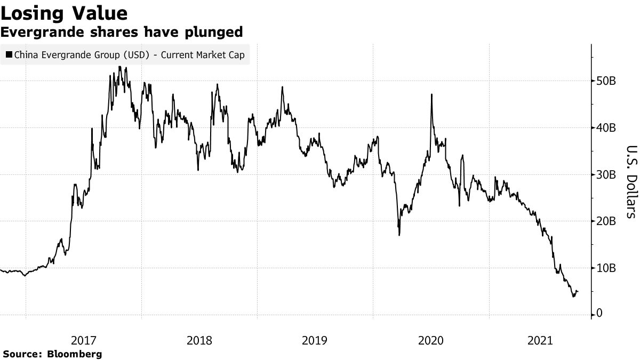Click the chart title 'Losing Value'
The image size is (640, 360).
coord(65,13)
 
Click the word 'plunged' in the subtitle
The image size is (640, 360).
coord(217,32)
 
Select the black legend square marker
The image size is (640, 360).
coord(9,55)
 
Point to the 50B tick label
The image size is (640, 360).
coord(606,81)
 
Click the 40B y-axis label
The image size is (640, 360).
coord(606,128)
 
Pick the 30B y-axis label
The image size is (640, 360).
coord(606,175)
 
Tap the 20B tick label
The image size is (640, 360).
coord(606,221)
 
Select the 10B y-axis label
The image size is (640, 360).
coord(606,268)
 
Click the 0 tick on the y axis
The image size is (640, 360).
coord(599,314)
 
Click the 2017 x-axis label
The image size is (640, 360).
coord(84,340)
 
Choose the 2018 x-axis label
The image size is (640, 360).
coord(199,340)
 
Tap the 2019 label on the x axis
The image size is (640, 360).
coord(315,340)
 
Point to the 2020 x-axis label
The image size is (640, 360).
coord(431,340)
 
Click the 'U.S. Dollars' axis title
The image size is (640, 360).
coord(631,181)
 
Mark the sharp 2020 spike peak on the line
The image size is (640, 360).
coord(431,94)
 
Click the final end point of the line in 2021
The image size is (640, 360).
coord(578,291)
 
